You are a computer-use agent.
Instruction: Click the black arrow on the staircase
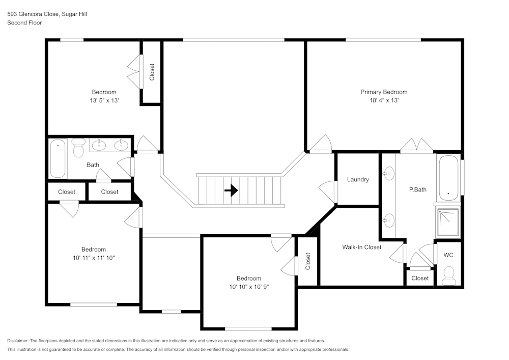[x=231, y=190]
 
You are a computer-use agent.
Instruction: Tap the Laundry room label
[x=358, y=180]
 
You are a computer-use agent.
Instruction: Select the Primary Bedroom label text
[x=384, y=92]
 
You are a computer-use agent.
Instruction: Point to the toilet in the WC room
[x=449, y=275]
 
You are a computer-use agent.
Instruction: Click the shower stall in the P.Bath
[x=448, y=223]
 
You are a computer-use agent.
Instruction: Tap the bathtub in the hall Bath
[x=58, y=158]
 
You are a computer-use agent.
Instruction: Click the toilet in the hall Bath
[x=78, y=148]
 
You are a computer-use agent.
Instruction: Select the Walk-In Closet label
[x=361, y=247]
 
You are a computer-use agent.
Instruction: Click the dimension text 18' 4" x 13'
[x=384, y=100]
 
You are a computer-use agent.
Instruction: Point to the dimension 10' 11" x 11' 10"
[x=94, y=258]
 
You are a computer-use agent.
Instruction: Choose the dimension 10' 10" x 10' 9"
[x=249, y=287]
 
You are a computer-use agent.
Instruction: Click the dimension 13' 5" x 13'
[x=104, y=100]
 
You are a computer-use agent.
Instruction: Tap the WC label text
[x=448, y=255]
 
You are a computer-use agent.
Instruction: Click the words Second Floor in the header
[x=24, y=23]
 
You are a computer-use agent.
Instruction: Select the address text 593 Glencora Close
[x=33, y=14]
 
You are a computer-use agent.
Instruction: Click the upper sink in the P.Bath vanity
[x=388, y=173]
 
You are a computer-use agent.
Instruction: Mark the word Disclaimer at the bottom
[x=17, y=341]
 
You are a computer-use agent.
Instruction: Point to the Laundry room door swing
[x=328, y=192]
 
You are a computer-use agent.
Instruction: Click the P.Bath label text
[x=418, y=189]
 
